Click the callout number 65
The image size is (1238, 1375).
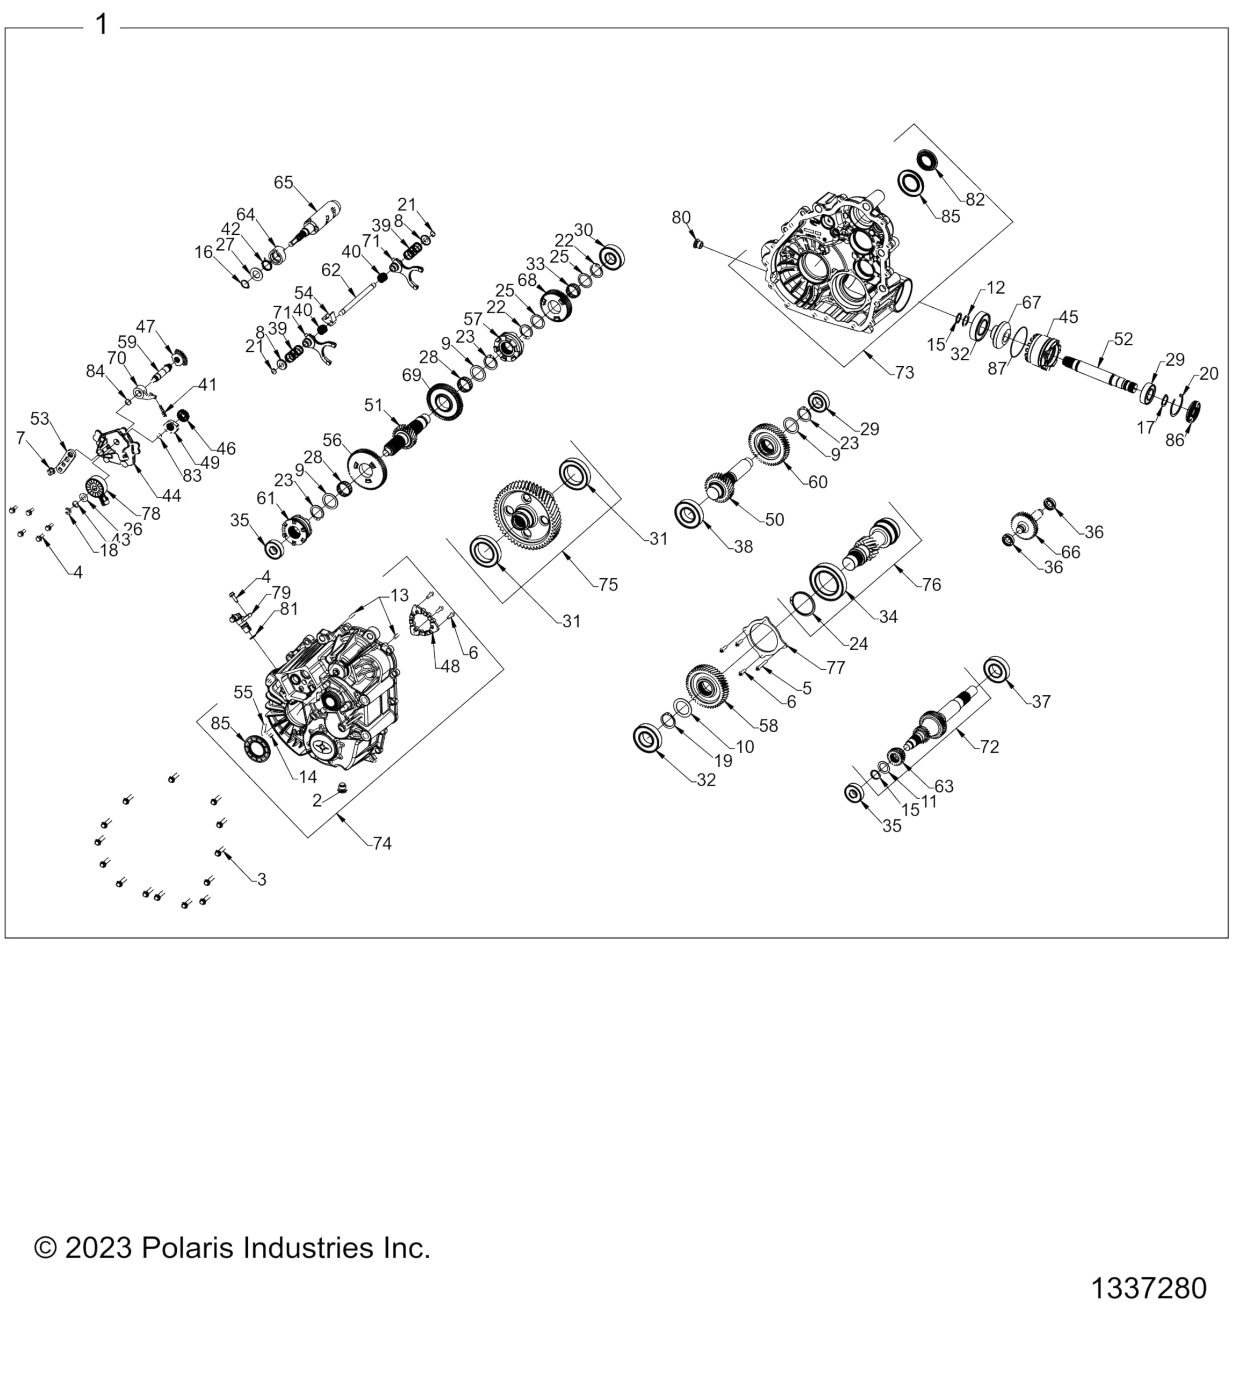284,182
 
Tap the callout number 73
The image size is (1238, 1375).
905,373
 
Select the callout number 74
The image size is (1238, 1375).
382,843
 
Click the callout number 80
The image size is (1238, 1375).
681,218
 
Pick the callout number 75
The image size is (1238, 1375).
608,584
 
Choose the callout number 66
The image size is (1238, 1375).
1071,552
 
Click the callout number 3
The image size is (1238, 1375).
262,879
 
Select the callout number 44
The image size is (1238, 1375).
171,496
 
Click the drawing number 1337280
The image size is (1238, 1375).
1149,1288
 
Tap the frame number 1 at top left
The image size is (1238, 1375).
102,25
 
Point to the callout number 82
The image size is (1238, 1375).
975,199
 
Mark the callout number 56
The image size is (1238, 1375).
332,440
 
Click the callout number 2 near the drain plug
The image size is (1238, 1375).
317,800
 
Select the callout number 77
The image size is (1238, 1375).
836,668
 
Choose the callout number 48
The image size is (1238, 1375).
450,667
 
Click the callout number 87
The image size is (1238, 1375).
997,368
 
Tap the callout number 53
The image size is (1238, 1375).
40,418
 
